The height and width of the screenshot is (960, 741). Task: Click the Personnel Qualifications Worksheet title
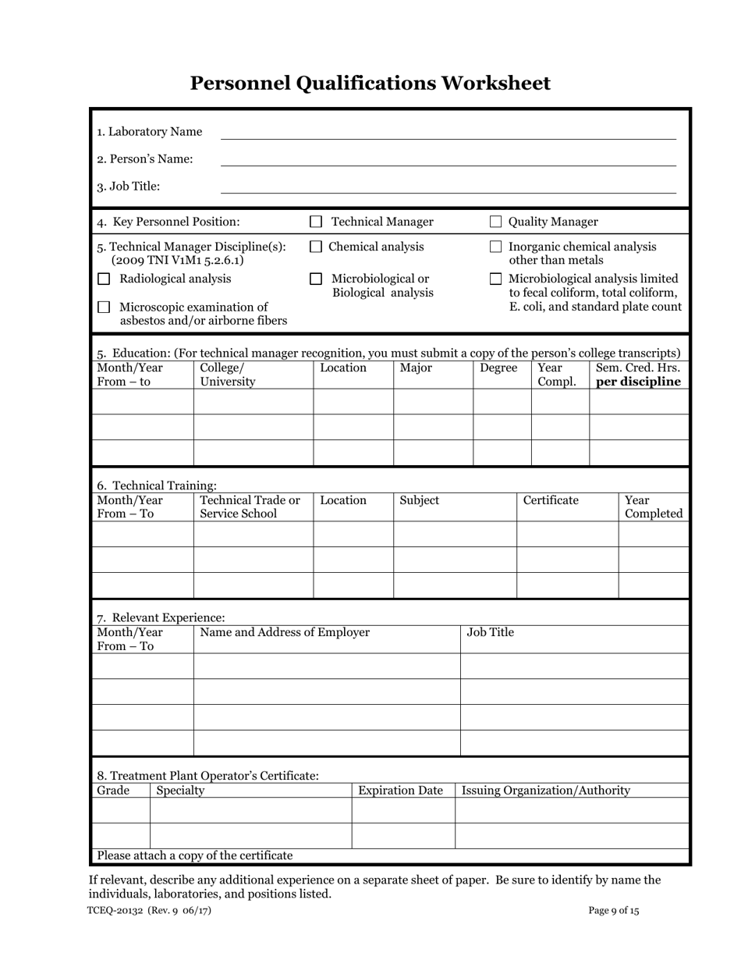[x=370, y=84]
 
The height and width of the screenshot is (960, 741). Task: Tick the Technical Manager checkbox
[x=316, y=222]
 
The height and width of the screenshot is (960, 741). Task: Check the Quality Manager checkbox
[x=495, y=222]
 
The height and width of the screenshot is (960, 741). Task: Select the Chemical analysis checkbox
[x=316, y=247]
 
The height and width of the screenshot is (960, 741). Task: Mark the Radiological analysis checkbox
[x=104, y=279]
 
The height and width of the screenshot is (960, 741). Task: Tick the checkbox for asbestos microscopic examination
[x=104, y=308]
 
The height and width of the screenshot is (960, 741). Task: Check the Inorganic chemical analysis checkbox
[x=495, y=247]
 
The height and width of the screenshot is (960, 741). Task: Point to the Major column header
[x=416, y=368]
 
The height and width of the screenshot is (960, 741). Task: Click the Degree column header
[x=498, y=368]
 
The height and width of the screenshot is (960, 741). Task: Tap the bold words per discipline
[x=638, y=382]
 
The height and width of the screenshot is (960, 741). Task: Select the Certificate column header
[x=551, y=500]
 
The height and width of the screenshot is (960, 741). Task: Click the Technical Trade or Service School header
[x=250, y=507]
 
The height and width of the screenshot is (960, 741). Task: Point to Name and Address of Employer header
[x=285, y=632]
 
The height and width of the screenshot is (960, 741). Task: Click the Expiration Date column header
[x=400, y=791]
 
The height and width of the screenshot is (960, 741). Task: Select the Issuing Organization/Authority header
[x=546, y=791]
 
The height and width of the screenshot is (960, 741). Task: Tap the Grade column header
[x=113, y=791]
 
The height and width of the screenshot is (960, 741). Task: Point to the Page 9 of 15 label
[x=614, y=910]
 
